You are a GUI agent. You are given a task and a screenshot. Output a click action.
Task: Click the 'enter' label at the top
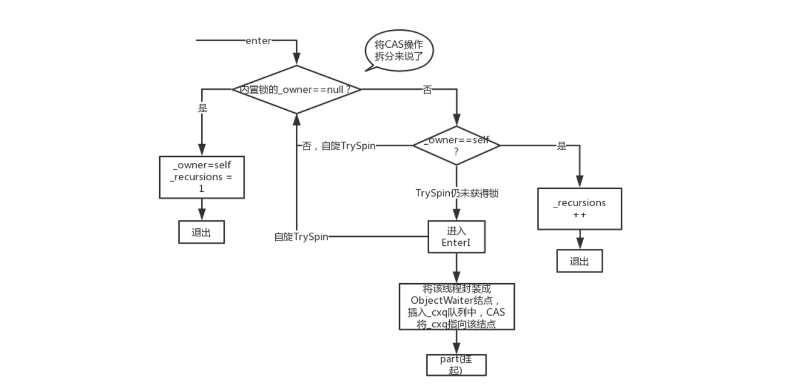point(258,41)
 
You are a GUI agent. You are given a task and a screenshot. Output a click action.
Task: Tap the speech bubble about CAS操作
point(399,51)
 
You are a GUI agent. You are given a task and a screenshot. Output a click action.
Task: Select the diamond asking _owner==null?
point(297,90)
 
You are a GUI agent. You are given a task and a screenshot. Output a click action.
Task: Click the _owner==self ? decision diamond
point(456,146)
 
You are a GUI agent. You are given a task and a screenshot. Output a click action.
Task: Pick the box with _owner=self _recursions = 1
point(202,177)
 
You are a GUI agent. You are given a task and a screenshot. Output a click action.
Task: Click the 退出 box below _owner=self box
point(201,232)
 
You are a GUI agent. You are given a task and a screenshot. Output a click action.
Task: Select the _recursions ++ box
point(579,208)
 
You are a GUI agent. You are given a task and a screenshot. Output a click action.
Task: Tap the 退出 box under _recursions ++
point(579,261)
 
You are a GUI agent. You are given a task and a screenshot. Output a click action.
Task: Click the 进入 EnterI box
point(456,236)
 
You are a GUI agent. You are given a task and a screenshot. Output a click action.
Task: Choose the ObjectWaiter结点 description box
point(456,306)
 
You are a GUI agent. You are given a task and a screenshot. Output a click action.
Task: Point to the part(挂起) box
point(456,365)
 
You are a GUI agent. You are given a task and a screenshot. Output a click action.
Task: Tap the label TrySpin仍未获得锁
point(456,193)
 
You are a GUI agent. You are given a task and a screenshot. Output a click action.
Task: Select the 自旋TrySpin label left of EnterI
point(301,237)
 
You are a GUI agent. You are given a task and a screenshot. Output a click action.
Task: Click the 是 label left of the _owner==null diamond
point(202,108)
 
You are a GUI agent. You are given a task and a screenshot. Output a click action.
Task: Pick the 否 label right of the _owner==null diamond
point(427,90)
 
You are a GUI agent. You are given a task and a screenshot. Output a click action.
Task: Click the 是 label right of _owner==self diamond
point(561,146)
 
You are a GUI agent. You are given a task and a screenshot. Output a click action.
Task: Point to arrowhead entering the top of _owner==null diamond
point(297,59)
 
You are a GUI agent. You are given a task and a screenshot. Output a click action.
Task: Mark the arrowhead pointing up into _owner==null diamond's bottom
point(297,119)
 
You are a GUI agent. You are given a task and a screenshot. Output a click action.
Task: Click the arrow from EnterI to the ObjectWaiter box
point(456,267)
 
